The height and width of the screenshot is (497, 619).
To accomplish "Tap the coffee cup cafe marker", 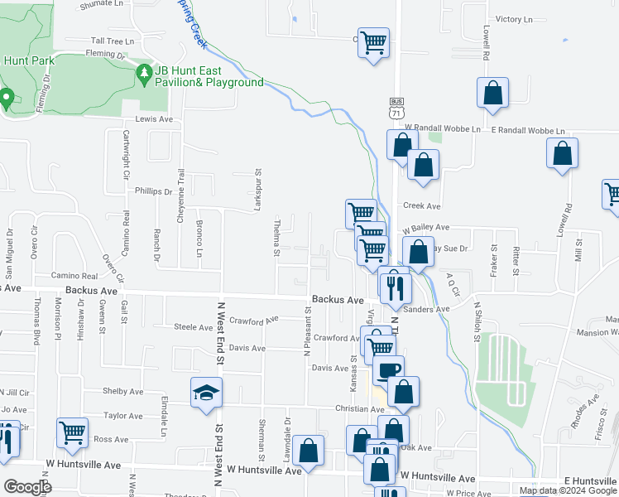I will coord(387,370).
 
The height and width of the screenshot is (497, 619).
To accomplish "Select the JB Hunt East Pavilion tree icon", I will coord(145,75).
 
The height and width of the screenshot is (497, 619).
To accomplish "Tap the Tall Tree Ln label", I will coord(113,40).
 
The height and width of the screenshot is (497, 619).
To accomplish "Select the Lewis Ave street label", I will coord(153,119).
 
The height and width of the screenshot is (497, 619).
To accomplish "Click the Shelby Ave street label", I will coord(123,391).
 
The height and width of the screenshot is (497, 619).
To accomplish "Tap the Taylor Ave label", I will coord(123,415).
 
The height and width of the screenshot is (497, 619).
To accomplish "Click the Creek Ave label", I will coord(422,206).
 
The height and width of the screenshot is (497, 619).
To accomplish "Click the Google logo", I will coord(27,487).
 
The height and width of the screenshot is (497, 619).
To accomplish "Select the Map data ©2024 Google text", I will coord(568,490).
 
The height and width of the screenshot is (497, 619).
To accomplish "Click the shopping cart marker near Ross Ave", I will coord(73,431).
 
